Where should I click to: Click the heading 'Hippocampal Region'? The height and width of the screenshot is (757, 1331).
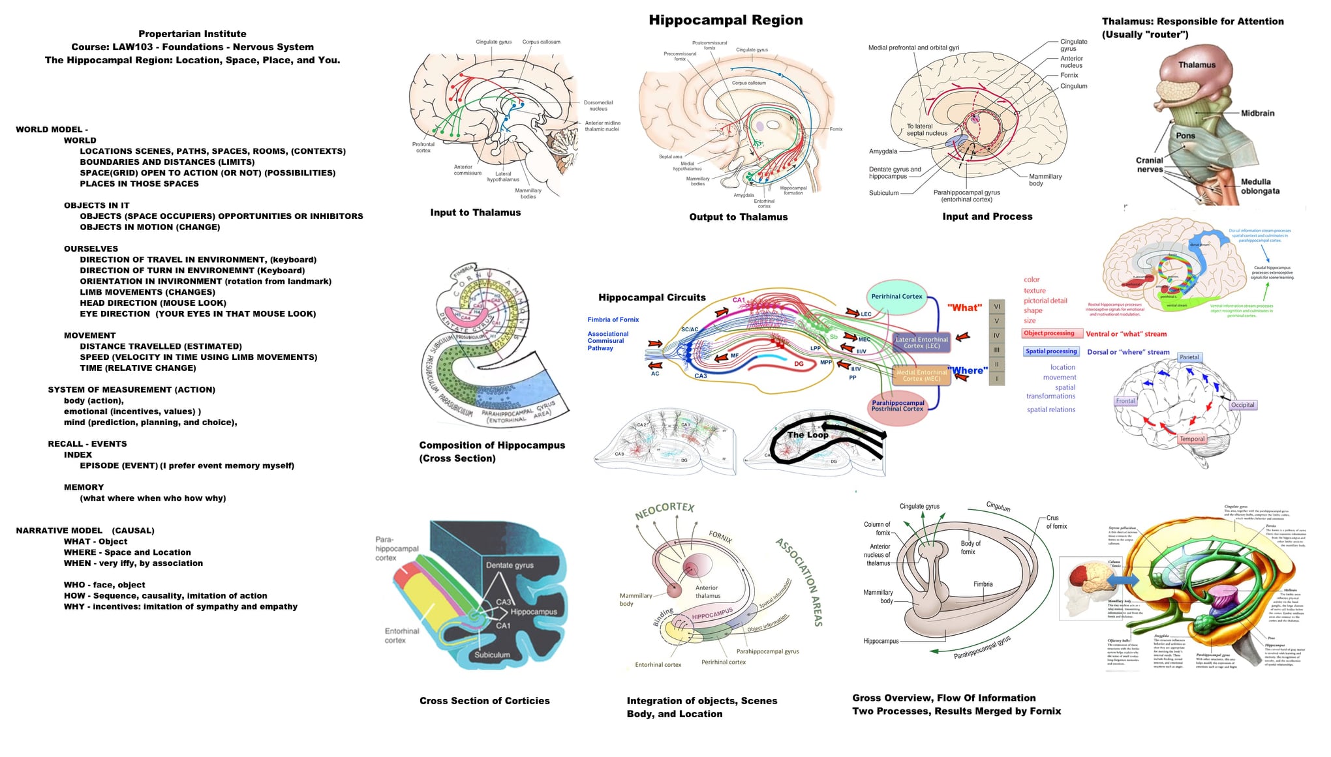point(726,20)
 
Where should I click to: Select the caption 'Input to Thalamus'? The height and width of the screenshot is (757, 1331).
point(475,213)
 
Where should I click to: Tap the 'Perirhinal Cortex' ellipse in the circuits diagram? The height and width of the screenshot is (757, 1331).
point(896,297)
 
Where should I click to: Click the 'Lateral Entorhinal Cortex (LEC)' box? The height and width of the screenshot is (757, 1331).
point(921,343)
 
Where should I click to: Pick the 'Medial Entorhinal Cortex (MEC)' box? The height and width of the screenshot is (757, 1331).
point(921,376)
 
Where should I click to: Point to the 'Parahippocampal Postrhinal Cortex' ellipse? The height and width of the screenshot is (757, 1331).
point(898,406)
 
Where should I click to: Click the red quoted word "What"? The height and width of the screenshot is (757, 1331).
point(964,308)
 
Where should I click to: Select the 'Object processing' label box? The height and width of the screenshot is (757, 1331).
point(1048,333)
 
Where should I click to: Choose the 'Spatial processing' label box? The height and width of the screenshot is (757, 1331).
point(1051,351)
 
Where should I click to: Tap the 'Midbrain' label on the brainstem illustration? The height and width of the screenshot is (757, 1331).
point(1257,113)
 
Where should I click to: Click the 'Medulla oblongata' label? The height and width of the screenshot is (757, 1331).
point(1260,186)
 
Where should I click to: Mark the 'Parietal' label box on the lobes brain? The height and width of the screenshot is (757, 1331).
point(1189,357)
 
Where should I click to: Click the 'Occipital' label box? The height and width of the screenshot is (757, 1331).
point(1242,405)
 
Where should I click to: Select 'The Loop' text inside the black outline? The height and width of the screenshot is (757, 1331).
point(808,435)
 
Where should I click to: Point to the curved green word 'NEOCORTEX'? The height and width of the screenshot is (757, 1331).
point(664,511)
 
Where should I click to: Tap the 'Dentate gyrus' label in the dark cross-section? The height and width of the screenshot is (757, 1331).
point(509,565)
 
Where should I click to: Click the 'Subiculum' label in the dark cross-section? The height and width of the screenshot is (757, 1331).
point(492,655)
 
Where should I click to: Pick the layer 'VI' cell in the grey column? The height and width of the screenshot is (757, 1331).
point(996,306)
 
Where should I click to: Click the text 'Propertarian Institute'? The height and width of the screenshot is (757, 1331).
point(192,34)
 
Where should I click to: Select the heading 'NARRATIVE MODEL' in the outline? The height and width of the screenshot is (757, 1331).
point(59,531)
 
